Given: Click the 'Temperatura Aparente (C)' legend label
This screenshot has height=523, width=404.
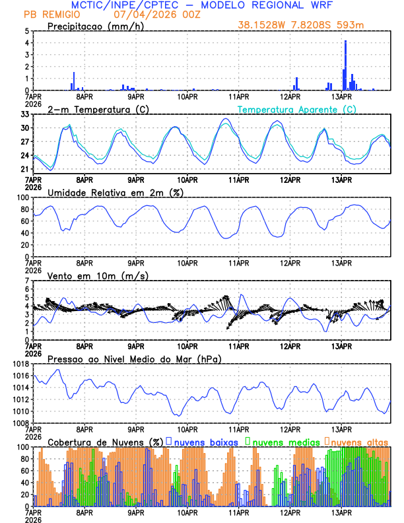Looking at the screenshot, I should [296, 109].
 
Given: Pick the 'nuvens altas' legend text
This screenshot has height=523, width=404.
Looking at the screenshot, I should [360, 441].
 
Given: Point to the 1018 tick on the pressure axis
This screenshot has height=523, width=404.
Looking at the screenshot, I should [20, 364].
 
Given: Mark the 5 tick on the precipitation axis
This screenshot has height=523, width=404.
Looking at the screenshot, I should [27, 31].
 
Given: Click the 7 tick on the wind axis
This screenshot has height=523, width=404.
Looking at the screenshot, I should [27, 281].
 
